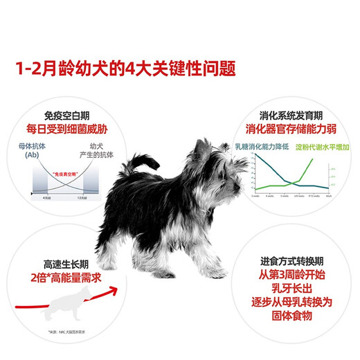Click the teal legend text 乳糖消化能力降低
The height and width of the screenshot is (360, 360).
[260, 147]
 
